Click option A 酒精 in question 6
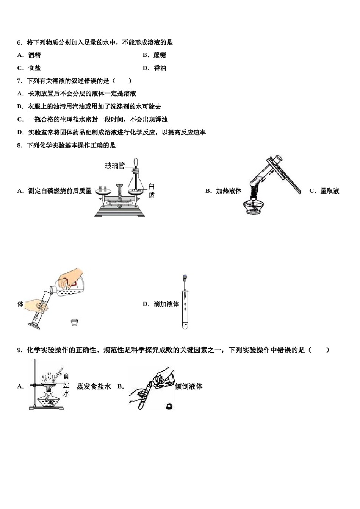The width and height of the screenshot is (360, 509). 34,55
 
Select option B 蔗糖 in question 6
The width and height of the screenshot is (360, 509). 160,55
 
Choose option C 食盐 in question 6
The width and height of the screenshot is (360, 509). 34,68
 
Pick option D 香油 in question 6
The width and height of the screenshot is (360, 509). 160,68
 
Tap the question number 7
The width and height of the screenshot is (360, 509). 20,81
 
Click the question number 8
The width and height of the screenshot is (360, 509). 20,145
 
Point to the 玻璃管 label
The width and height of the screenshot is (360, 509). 114,166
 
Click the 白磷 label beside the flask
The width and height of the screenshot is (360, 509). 151,191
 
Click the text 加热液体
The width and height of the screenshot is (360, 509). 229,191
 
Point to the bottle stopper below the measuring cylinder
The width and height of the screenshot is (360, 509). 75,322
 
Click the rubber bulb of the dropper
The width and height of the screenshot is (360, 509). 185,277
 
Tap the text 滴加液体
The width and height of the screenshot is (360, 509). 166,304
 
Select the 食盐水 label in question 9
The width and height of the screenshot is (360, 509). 66,384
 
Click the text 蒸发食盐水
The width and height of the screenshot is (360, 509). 94,386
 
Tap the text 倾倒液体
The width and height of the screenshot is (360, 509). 189,386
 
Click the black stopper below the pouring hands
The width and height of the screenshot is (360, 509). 169,406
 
